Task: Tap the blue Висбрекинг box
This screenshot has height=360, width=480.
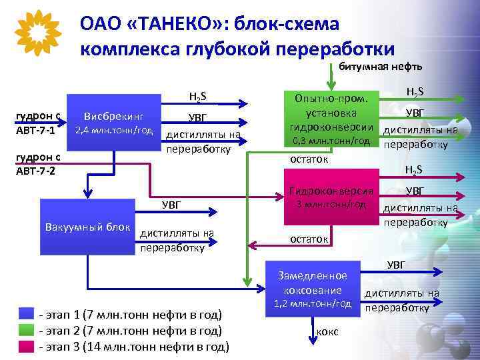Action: (113, 121)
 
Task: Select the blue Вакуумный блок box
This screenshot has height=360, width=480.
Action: (87, 227)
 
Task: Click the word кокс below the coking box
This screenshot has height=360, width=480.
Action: (327, 331)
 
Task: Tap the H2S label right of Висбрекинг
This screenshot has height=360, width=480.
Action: (197, 97)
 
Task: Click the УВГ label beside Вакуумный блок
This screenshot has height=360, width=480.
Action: (172, 205)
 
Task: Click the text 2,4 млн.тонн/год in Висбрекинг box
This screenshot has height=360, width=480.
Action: (113, 129)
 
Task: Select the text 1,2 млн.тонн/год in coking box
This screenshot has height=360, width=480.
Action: (313, 303)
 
